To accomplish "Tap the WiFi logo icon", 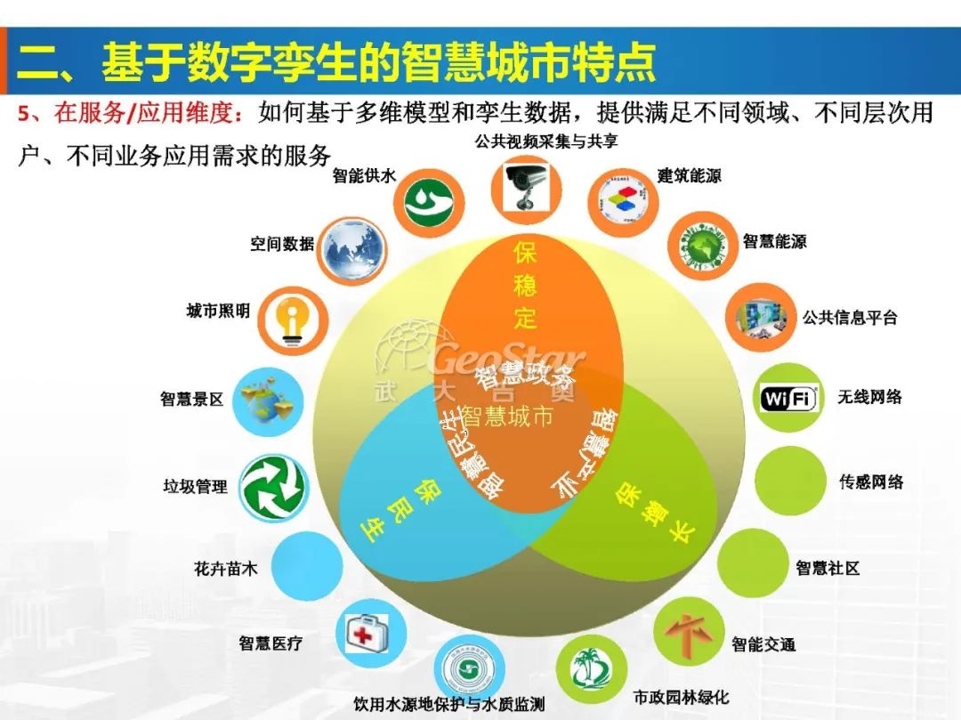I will [788, 399].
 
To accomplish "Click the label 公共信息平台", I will [850, 318].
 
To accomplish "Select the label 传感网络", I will [871, 481].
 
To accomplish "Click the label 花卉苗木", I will [226, 567].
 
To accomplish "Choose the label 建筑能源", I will [690, 176].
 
